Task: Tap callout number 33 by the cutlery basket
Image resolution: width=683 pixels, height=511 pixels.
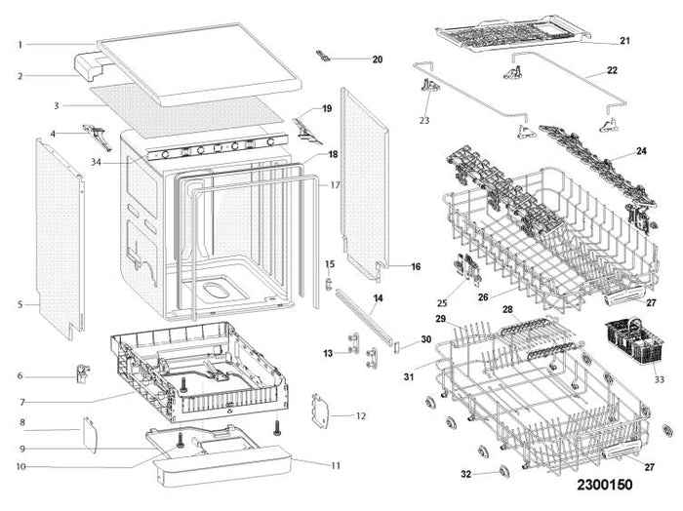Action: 659,379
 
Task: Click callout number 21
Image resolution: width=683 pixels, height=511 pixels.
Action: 625,41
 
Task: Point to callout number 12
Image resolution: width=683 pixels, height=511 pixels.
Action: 360,416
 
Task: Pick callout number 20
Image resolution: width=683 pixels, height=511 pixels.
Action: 377,59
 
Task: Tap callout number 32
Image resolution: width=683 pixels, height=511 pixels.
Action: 467,474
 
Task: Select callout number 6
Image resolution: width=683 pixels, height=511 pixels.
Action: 20,375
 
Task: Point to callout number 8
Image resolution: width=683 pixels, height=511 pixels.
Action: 21,421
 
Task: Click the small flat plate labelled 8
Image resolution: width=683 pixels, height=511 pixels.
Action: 88,432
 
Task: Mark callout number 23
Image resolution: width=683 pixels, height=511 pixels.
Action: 423,120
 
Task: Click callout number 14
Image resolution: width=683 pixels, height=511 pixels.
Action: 378,297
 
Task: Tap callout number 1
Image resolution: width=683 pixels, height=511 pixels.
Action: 20,44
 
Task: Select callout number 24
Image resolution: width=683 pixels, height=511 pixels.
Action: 641,151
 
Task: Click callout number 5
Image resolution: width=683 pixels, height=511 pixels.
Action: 20,304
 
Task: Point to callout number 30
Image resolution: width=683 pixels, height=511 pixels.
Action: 424,339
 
